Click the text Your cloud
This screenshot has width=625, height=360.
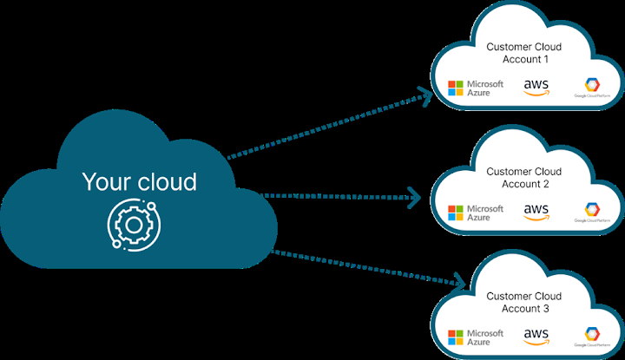click(139, 182)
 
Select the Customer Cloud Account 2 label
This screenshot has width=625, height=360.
click(523, 178)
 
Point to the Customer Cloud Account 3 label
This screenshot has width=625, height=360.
click(523, 302)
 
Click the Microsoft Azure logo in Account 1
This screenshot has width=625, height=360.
click(475, 88)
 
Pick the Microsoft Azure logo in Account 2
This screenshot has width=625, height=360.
click(475, 213)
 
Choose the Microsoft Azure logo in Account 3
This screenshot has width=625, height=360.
click(475, 337)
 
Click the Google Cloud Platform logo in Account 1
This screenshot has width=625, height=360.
click(591, 87)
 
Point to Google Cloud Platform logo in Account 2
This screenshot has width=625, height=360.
click(591, 212)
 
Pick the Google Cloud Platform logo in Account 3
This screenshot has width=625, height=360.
click(591, 337)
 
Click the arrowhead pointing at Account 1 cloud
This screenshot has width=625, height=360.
click(425, 93)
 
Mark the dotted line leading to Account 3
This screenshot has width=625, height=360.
click(365, 267)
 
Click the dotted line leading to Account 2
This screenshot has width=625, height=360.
click(339, 197)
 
